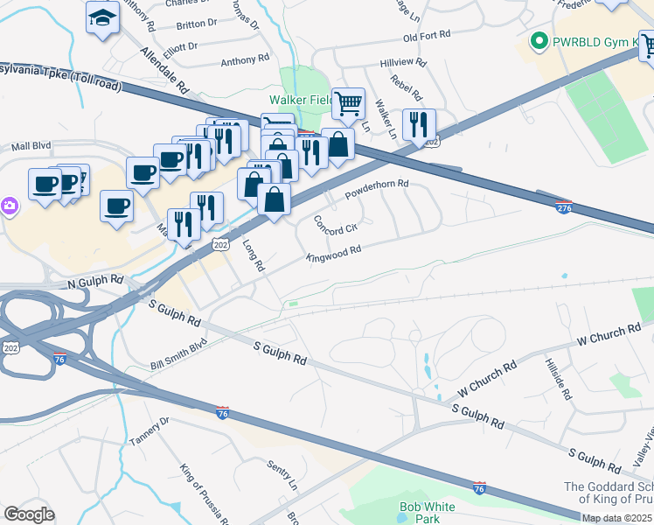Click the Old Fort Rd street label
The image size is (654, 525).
tap(426, 36)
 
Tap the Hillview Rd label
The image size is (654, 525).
tap(402, 64)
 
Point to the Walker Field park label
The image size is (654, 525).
tap(300, 101)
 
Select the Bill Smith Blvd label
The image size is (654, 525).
tap(178, 353)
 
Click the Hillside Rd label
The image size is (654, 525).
tap(556, 378)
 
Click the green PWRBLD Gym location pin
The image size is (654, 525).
tap(539, 41)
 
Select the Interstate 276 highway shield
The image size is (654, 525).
tap(565, 206)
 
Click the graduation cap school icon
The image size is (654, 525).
tap(102, 17)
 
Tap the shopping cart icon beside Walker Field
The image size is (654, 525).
tap(348, 103)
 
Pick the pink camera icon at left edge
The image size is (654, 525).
tap(8, 206)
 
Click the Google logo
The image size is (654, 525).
tap(29, 514)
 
